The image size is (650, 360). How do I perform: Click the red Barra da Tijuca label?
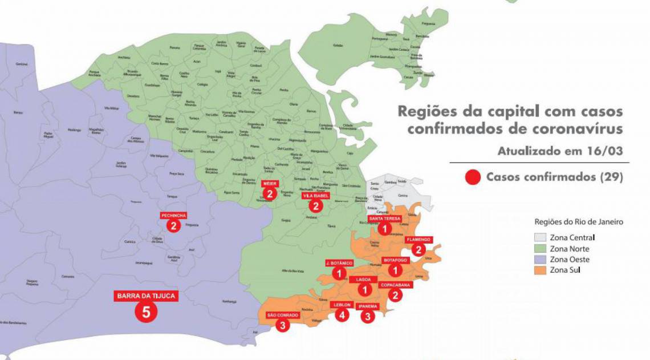(x=145, y=296)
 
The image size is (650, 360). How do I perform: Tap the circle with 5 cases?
(x=145, y=312)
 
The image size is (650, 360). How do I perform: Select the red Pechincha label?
(x=173, y=215)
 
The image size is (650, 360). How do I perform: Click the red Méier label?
(x=270, y=184)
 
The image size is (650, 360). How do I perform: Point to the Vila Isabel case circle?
(x=315, y=206)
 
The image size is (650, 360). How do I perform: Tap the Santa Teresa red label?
(x=385, y=219)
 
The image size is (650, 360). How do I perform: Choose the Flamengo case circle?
(x=419, y=249)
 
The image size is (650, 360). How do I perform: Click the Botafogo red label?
(x=395, y=260)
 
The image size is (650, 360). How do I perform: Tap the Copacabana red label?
(x=394, y=284)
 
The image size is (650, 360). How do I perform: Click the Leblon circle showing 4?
(x=342, y=314)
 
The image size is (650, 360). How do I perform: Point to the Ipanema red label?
(x=368, y=306)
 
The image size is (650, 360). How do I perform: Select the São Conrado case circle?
(x=282, y=325)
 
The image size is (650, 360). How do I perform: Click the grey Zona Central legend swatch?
(x=540, y=237)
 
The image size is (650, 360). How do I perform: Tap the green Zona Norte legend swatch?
(x=540, y=248)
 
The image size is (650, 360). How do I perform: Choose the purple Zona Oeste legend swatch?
(x=540, y=259)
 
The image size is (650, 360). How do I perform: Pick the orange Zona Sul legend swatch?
(x=540, y=270)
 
